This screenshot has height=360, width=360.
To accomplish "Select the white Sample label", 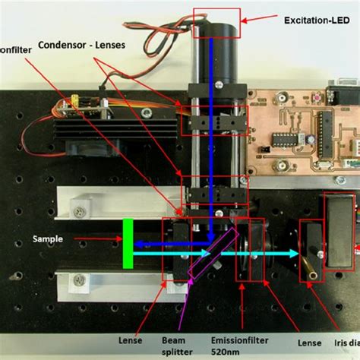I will (47, 238).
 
